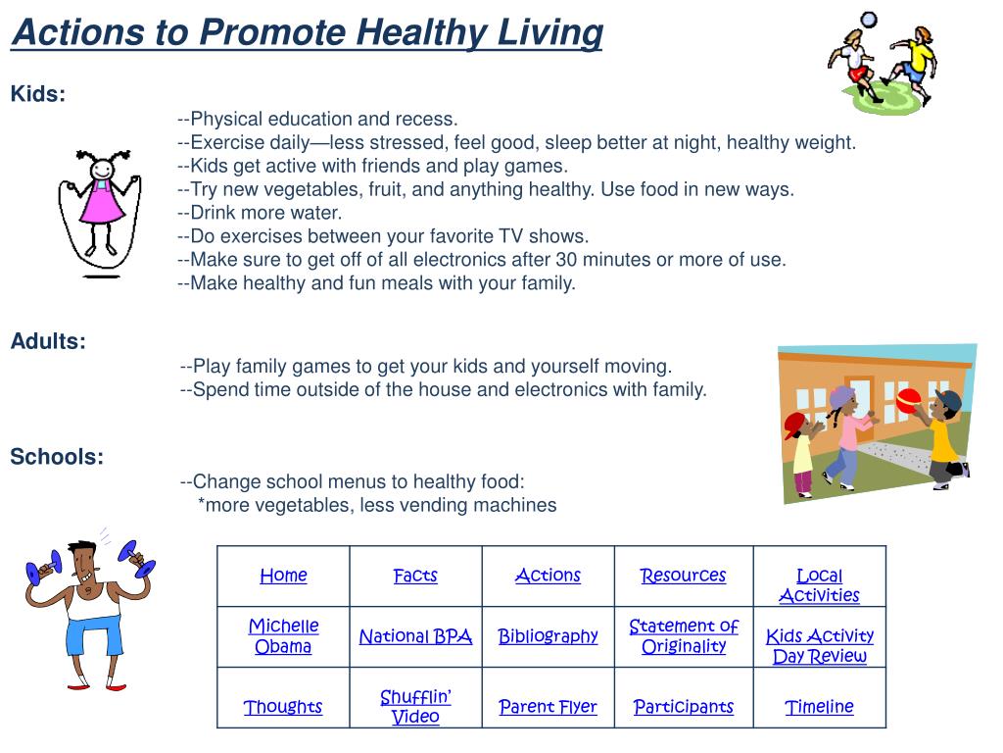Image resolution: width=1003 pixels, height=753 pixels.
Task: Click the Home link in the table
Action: point(283,576)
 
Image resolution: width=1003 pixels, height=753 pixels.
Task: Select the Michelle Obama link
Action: point(283,636)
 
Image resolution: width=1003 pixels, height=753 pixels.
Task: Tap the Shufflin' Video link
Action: point(415,706)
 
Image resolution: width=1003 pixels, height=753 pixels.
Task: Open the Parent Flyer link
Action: point(548,707)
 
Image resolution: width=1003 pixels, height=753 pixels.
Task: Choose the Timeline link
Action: point(819,707)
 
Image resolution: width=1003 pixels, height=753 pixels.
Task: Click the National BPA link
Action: point(415,636)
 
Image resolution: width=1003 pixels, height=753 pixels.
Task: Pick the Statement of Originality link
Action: point(684,636)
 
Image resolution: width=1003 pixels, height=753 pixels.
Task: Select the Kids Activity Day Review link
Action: point(819,646)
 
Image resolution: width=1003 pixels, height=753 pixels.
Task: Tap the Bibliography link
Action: point(548,636)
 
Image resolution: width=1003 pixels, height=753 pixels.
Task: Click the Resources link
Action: point(683,576)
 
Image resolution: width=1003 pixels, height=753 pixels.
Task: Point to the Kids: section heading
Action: point(38,94)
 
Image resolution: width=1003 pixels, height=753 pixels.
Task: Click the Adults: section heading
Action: point(48,341)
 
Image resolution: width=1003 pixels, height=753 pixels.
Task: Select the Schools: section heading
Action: point(57,457)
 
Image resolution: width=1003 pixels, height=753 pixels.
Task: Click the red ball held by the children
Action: point(908,399)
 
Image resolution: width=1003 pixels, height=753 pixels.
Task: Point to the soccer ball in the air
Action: point(868,19)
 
